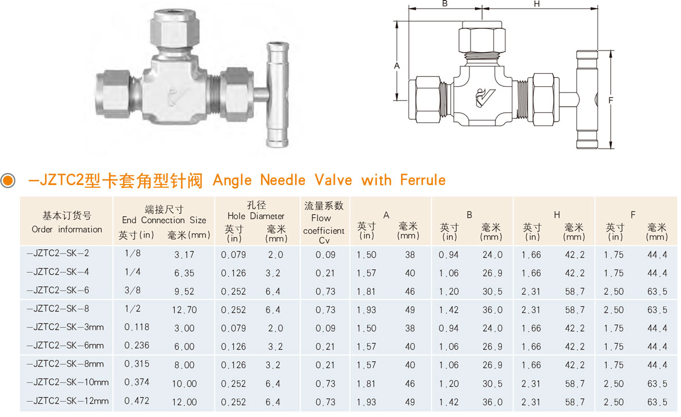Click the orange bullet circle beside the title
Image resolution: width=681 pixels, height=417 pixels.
(8, 180)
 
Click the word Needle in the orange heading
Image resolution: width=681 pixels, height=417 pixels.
(283, 180)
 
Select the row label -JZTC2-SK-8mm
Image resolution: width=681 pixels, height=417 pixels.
(65, 364)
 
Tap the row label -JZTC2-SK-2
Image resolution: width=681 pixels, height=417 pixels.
(58, 253)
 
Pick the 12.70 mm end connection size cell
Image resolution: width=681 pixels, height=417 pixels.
(184, 310)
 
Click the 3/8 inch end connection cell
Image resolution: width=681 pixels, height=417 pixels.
(133, 290)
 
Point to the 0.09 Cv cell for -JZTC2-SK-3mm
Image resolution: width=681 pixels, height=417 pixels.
(325, 328)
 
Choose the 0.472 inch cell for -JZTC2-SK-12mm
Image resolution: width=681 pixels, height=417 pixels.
(137, 401)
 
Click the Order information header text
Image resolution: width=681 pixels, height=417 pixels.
(67, 229)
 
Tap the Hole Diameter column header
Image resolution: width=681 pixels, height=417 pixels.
(256, 216)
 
